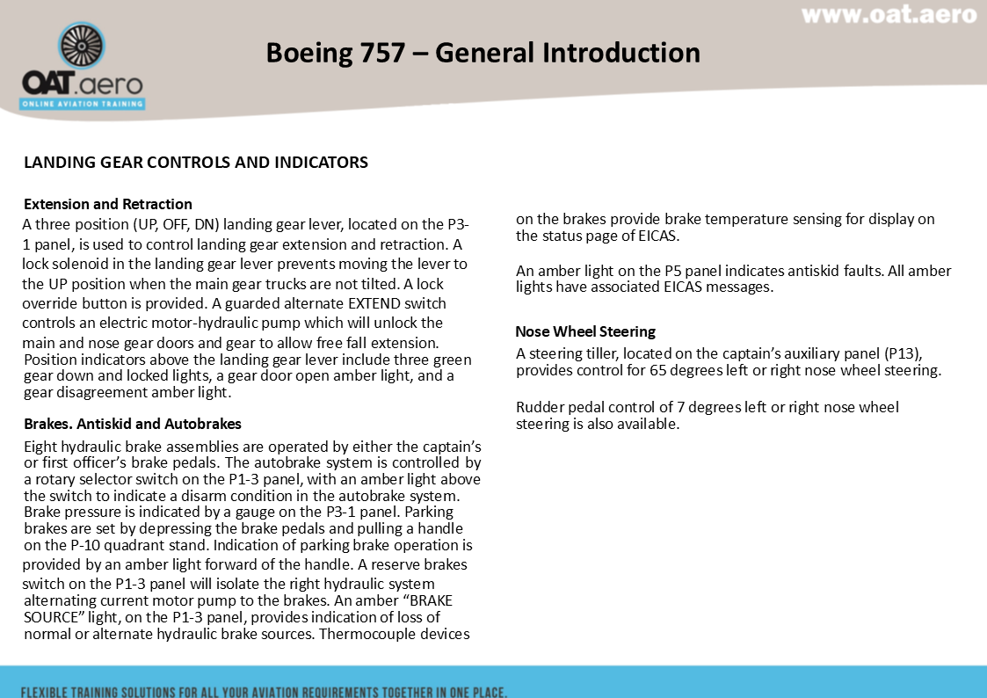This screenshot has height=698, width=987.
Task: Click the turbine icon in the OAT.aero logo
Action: click(x=83, y=48)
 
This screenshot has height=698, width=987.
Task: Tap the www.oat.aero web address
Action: click(x=889, y=15)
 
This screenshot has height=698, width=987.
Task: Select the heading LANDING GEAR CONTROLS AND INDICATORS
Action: click(x=196, y=163)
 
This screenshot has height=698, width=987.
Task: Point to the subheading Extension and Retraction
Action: click(x=108, y=205)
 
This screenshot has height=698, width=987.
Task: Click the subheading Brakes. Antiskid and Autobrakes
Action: click(x=133, y=425)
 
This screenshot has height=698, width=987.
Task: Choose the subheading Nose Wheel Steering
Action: click(x=585, y=331)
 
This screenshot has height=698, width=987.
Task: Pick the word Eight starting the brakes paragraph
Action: click(x=41, y=447)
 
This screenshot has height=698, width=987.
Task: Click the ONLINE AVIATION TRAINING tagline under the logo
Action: click(x=83, y=103)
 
